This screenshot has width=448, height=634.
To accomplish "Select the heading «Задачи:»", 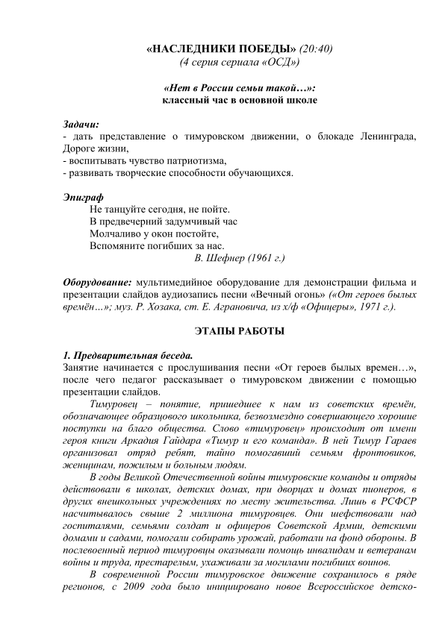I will coord(81,123).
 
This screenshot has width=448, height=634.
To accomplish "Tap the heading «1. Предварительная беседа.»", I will coord(127,354).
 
